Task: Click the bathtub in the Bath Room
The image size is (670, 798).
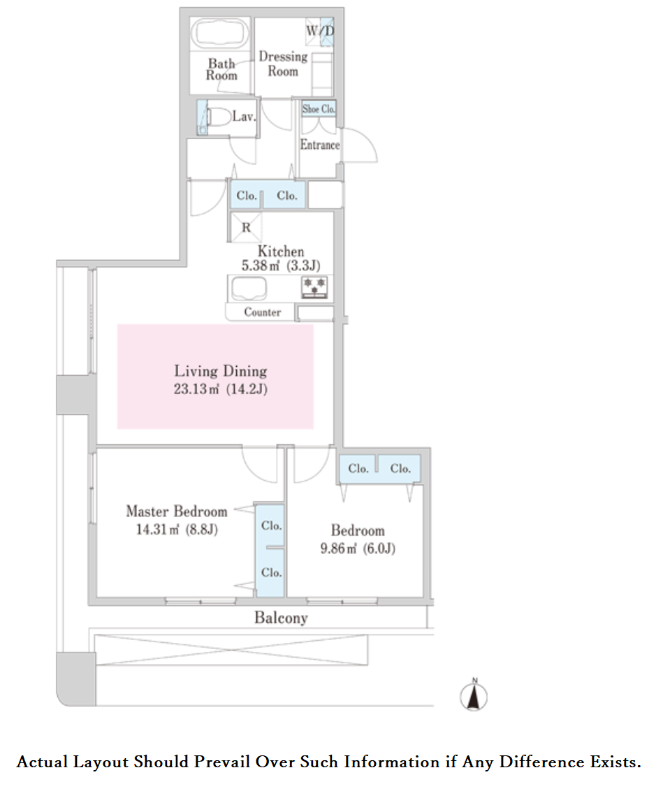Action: pos(220,34)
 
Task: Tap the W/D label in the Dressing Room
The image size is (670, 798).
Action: pos(320,31)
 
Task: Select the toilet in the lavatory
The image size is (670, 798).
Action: pos(219,117)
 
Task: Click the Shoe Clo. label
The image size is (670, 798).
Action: pos(319,108)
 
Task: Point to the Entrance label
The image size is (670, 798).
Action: pos(319,145)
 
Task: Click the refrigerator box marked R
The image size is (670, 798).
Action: pos(246,227)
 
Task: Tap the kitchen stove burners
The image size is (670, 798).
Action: pos(314,286)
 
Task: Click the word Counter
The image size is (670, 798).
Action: pos(263,312)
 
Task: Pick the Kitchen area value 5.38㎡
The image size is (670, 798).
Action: pos(261,265)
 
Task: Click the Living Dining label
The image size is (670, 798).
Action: pos(221,370)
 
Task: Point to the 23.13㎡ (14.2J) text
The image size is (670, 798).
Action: pos(221,389)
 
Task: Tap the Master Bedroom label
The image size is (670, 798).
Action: pos(177,511)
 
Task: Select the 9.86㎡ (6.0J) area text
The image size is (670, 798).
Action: pos(358,549)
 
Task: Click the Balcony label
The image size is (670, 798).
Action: pos(281,618)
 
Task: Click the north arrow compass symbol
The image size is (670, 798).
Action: pos(474,695)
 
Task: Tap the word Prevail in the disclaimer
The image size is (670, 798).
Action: pos(221,762)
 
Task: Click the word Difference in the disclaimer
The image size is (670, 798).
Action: pos(541,762)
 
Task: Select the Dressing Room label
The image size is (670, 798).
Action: pos(284,64)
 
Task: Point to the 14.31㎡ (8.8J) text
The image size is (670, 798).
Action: pos(177,529)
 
